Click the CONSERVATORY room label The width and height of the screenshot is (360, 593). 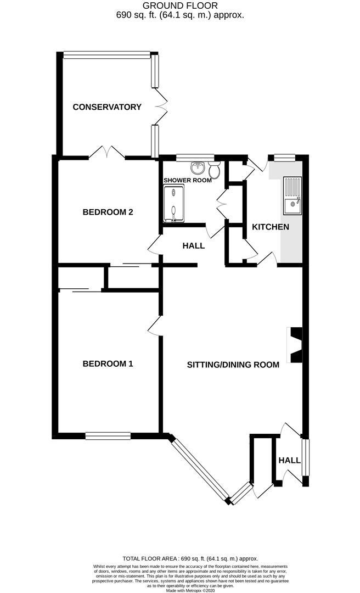(107, 107)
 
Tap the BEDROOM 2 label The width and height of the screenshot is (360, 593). (108, 212)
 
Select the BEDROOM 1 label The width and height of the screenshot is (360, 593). (108, 363)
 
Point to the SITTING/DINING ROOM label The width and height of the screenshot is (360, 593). (233, 365)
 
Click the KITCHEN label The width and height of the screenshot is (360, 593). (270, 227)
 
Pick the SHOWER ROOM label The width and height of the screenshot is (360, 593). (187, 180)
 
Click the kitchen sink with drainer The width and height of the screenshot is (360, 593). (291, 196)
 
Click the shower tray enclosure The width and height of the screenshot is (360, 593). (175, 204)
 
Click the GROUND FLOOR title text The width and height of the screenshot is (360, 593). (180, 5)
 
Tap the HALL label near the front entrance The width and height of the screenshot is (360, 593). (289, 460)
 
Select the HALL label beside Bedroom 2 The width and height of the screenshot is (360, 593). (193, 246)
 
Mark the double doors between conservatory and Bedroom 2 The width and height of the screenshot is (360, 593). (107, 151)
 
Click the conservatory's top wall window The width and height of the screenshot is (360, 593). (106, 54)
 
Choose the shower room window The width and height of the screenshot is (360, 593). (195, 158)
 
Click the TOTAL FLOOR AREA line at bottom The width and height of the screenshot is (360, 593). (180, 558)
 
